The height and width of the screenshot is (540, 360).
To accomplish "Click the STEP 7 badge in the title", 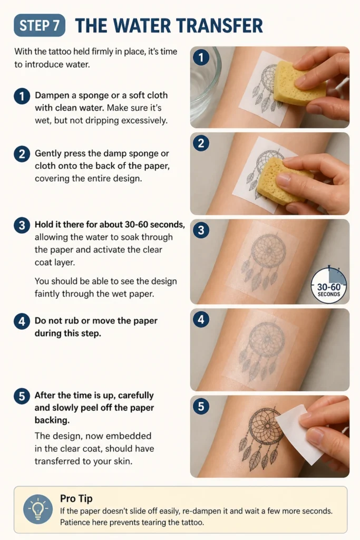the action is click(x=40, y=25).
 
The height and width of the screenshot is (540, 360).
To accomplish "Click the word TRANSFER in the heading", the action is click(x=220, y=26).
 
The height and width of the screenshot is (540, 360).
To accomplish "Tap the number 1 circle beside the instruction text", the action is click(x=22, y=96).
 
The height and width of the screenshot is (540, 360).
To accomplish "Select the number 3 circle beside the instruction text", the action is click(x=22, y=225).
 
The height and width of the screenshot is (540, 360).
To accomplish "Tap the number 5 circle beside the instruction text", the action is click(x=22, y=396).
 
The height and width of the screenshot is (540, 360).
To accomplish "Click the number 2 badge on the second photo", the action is click(x=201, y=143).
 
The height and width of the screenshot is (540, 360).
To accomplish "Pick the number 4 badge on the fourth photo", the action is click(x=201, y=320).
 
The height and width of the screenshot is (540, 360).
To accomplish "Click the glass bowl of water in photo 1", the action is click(x=205, y=84).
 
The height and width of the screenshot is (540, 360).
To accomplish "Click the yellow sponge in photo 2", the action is click(x=284, y=179).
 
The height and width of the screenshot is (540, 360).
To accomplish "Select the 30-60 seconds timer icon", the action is click(x=329, y=285).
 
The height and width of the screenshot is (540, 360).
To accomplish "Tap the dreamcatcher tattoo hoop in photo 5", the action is click(x=250, y=427).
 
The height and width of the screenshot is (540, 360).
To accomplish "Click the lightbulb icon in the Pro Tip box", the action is click(x=38, y=509).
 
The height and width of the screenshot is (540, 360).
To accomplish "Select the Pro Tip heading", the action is click(x=76, y=498).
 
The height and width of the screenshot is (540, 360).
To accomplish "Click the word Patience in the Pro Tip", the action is click(x=73, y=523).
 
